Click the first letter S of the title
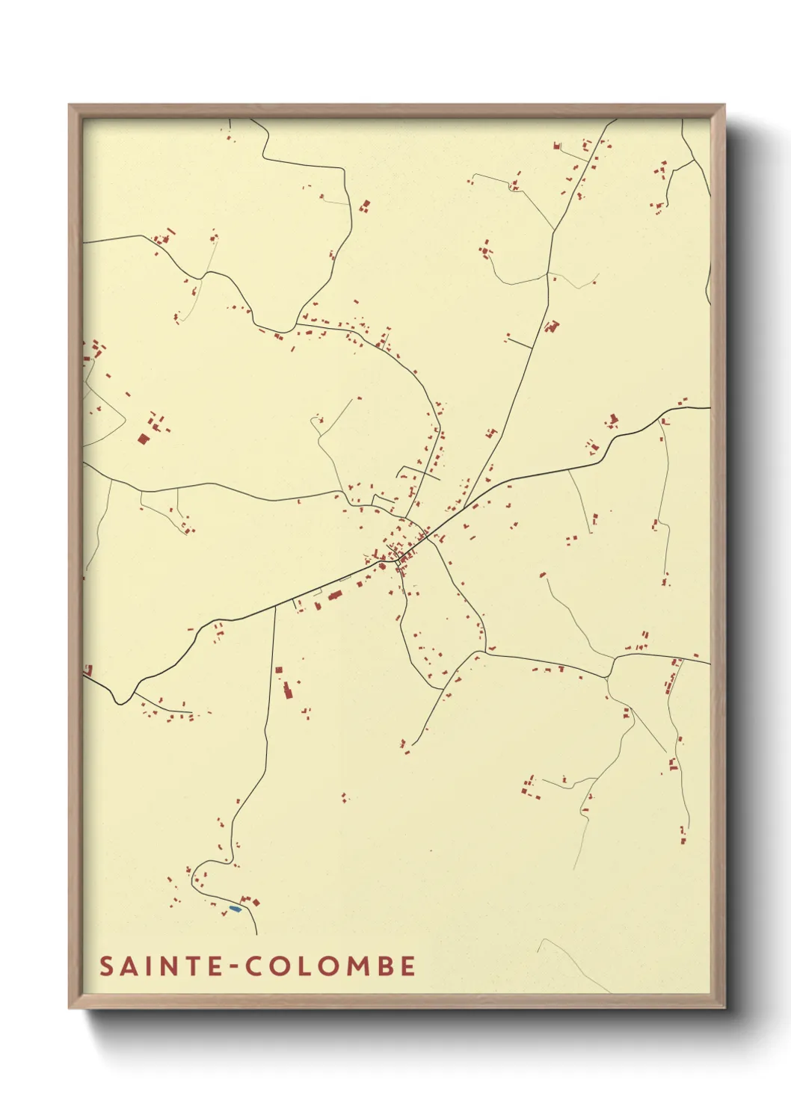pyautogui.click(x=107, y=966)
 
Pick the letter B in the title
pyautogui.click(x=385, y=966)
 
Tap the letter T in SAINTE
pyautogui.click(x=192, y=966)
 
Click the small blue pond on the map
pyautogui.click(x=235, y=909)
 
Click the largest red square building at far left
pyautogui.click(x=143, y=439)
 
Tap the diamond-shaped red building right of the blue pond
pyautogui.click(x=256, y=903)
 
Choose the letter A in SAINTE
pyautogui.click(x=128, y=966)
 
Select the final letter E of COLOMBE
pyautogui.click(x=408, y=966)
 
